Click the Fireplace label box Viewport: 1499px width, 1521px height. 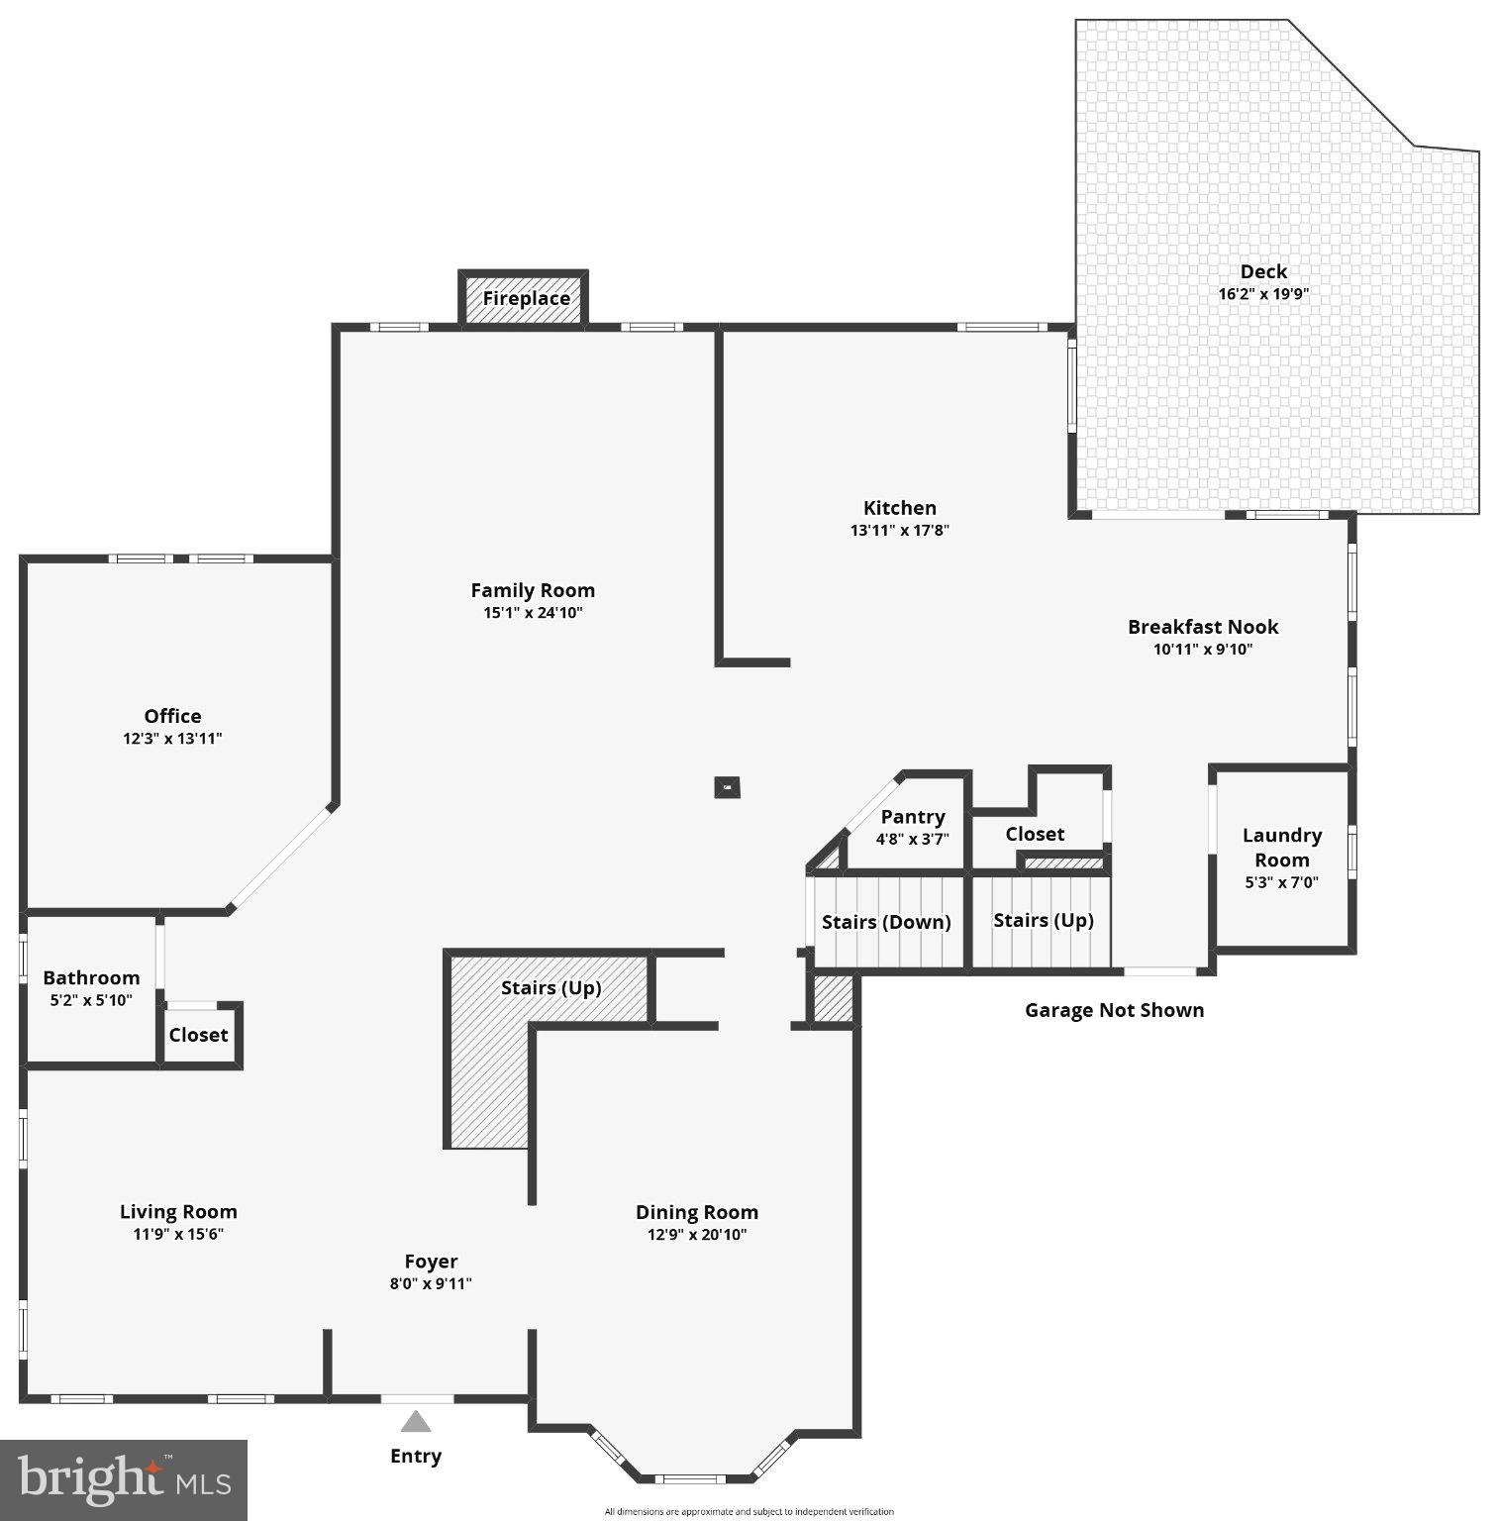point(526,298)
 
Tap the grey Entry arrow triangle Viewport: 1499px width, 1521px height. point(416,1422)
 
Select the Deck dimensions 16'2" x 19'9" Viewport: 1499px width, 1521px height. point(1263,294)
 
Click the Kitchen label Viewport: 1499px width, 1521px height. point(899,508)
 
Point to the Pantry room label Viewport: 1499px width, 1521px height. point(912,817)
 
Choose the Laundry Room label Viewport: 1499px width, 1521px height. point(1281,848)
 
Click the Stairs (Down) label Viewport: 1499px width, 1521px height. point(886,922)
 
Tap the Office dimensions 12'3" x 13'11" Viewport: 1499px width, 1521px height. point(172,739)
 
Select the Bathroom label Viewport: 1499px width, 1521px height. point(91,977)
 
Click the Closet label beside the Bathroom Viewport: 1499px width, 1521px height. point(198,1035)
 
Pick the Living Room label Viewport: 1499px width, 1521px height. point(178,1211)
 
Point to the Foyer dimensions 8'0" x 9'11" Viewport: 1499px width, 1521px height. point(431,1284)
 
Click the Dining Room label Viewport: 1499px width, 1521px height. point(696,1212)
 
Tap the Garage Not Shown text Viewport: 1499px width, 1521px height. point(1114,1010)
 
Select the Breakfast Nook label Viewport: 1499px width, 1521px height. point(1203,627)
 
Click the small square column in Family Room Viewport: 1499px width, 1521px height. point(728,787)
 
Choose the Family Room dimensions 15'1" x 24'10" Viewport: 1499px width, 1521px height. point(533,613)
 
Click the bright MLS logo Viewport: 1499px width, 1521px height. point(124,1479)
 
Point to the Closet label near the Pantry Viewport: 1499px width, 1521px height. point(1035,834)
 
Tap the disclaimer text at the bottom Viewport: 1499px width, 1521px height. point(749,1512)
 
